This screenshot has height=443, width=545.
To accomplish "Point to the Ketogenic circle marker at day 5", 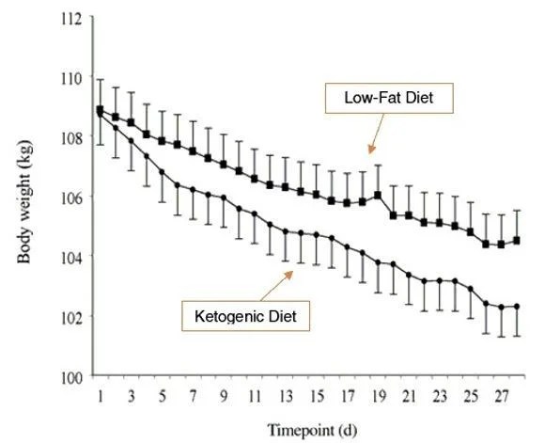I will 162,172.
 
